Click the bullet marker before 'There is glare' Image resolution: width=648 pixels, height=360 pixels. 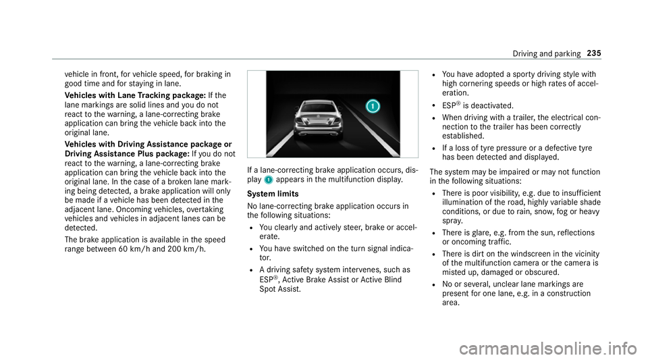(x=431, y=233)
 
